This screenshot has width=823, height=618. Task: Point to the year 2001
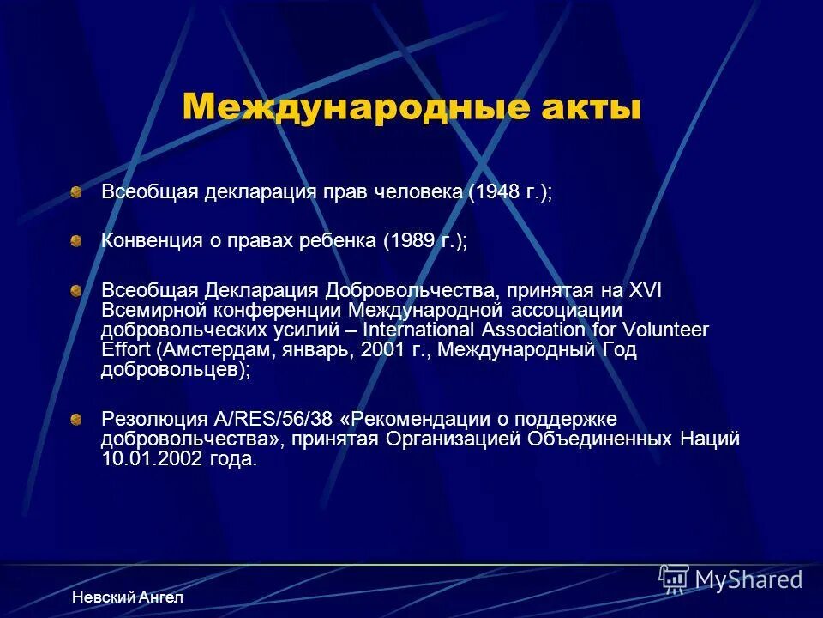(379, 350)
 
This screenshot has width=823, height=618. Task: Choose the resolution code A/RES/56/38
(275, 420)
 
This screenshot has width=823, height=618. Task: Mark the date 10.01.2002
(151, 459)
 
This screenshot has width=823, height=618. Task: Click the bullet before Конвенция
(76, 241)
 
